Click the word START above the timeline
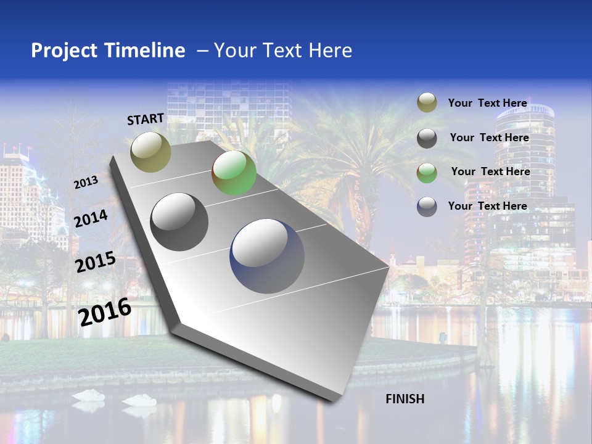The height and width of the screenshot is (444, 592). pyautogui.click(x=146, y=119)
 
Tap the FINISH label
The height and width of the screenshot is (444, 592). pyautogui.click(x=405, y=399)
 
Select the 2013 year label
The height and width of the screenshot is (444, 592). pyautogui.click(x=86, y=183)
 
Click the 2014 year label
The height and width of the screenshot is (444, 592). pyautogui.click(x=91, y=218)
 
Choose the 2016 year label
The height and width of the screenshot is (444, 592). pyautogui.click(x=105, y=311)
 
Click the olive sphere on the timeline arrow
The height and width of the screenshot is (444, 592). pyautogui.click(x=151, y=152)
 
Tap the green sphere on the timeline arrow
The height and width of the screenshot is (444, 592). pyautogui.click(x=234, y=173)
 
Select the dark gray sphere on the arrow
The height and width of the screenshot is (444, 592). pyautogui.click(x=179, y=222)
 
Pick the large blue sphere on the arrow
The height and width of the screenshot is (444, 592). pyautogui.click(x=267, y=256)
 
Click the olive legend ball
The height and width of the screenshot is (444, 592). pyautogui.click(x=427, y=102)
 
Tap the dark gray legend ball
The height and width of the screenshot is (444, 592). pyautogui.click(x=427, y=138)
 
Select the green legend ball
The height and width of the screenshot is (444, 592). pyautogui.click(x=427, y=172)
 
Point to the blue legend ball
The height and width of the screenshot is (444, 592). pyautogui.click(x=427, y=206)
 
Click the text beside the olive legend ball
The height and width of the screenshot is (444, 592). pyautogui.click(x=487, y=103)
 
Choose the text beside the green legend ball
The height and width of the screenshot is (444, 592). pyautogui.click(x=490, y=171)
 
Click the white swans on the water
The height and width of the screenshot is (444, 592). pyautogui.click(x=114, y=398)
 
